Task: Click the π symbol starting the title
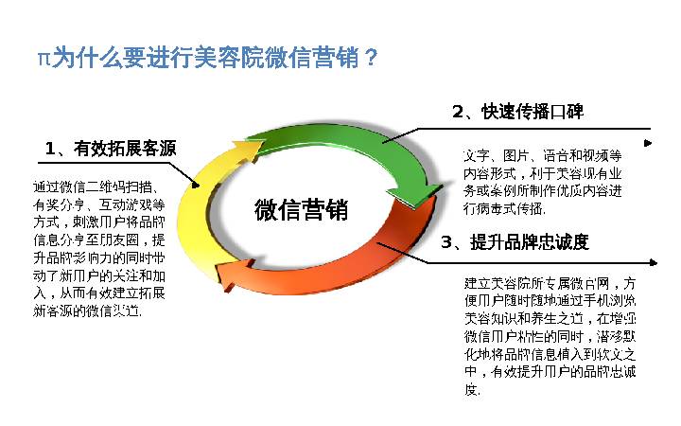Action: tap(43, 59)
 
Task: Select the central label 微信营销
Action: tap(301, 210)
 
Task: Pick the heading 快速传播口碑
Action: tap(531, 112)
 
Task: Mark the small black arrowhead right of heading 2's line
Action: tap(649, 143)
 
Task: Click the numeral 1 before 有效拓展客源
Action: tap(50, 149)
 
